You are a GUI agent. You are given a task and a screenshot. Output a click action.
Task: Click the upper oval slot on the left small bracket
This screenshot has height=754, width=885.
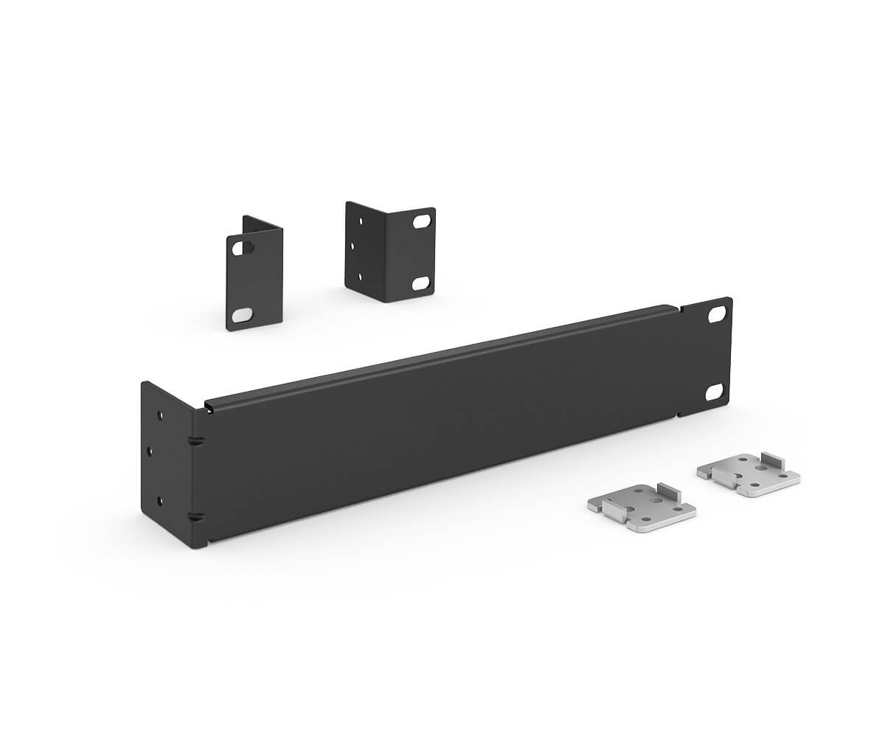(x=239, y=249)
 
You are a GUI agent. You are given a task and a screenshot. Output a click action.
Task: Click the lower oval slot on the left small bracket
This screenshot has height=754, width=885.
(x=240, y=316)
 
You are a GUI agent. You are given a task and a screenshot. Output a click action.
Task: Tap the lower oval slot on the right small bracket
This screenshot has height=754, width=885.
(x=421, y=283)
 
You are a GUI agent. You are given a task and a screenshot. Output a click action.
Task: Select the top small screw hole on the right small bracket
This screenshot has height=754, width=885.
(x=361, y=220)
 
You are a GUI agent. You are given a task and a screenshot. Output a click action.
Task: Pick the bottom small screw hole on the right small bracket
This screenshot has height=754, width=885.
(x=360, y=277)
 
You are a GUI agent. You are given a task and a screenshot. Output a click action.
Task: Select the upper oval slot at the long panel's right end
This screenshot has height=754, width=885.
(x=715, y=314)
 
